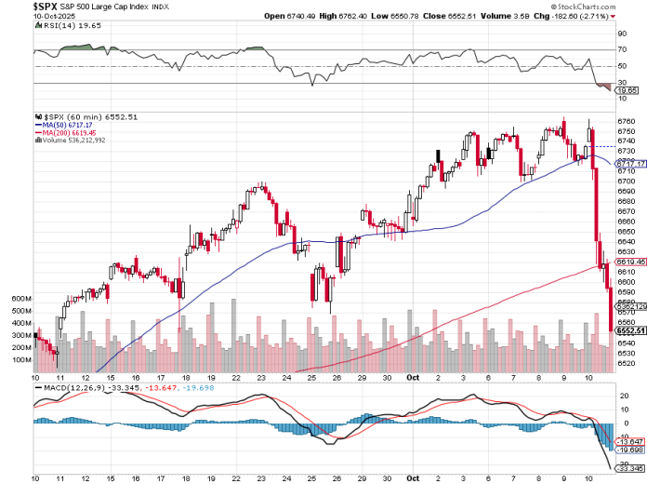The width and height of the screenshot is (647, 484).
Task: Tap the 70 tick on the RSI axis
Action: pyautogui.click(x=622, y=49)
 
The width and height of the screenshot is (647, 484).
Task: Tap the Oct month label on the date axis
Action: pyautogui.click(x=413, y=378)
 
